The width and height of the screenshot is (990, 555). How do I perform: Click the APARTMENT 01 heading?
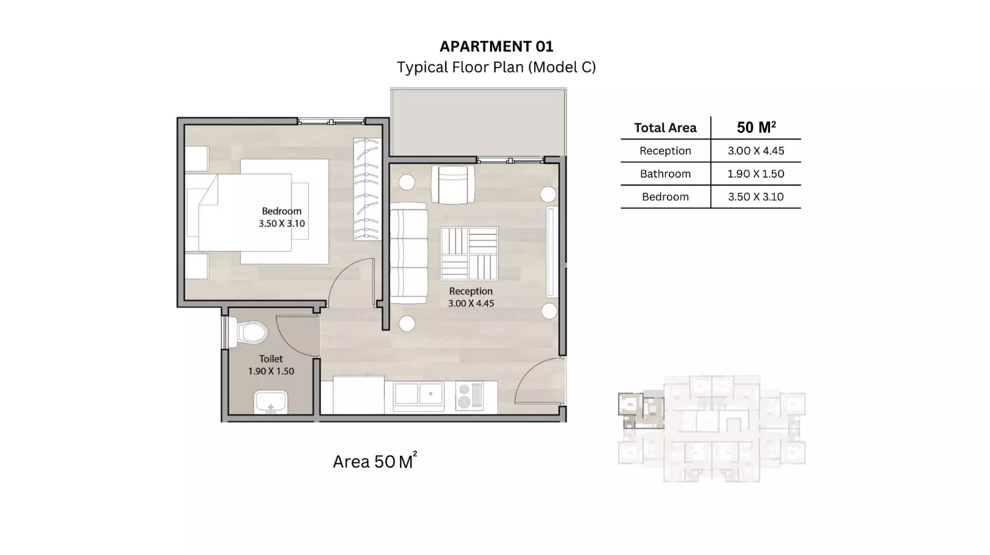pos(496,47)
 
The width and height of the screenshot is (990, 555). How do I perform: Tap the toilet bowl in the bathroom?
pos(251,333)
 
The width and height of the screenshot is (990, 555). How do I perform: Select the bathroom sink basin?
pos(270,403)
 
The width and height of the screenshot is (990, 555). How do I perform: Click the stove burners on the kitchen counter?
pos(470,396)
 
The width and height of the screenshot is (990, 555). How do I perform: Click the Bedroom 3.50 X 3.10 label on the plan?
pos(281,217)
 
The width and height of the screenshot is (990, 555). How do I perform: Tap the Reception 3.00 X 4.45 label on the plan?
pos(470,297)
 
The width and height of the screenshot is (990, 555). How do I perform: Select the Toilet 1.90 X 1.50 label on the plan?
pos(271,365)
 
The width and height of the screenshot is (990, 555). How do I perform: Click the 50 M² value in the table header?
pos(756,127)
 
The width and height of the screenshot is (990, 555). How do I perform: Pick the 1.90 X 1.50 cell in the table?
pos(755,174)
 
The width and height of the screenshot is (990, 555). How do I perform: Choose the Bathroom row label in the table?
pos(665,174)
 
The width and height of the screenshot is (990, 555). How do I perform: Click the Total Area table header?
pos(665,127)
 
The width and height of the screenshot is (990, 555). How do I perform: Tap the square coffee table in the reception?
pos(469,253)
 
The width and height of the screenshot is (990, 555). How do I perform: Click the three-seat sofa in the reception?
pos(409,253)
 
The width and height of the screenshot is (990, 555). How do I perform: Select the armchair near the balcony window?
pos(453,184)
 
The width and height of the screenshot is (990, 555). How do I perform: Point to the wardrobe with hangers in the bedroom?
pos(366,189)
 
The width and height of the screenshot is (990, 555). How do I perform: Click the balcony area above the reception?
pos(478,121)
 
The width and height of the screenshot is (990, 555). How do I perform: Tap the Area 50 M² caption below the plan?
pos(374,461)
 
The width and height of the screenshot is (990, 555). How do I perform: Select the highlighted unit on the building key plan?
pos(640,409)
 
